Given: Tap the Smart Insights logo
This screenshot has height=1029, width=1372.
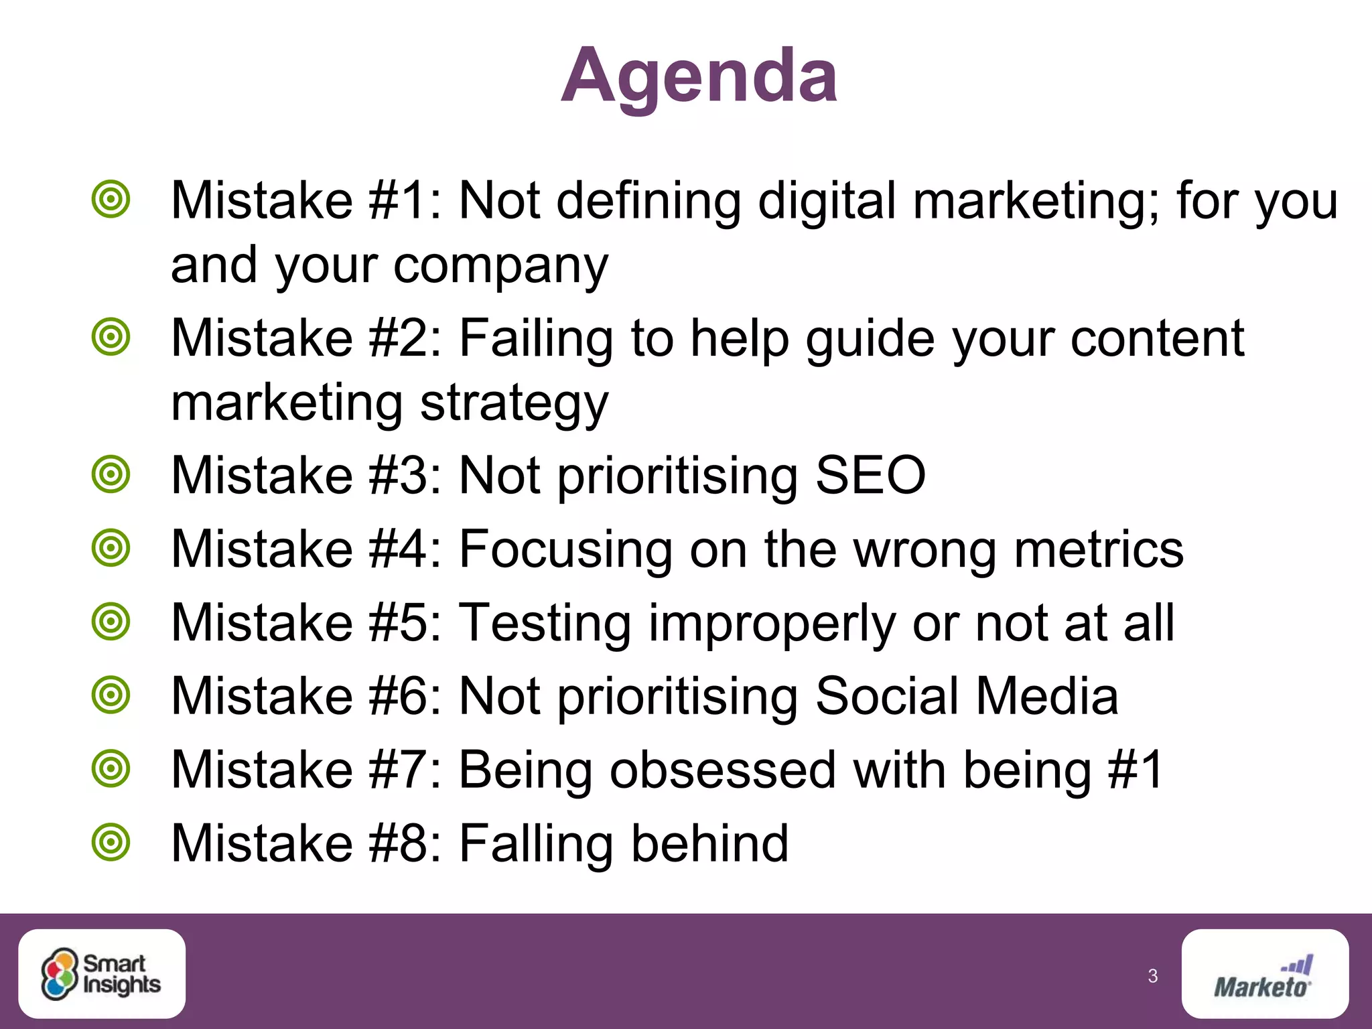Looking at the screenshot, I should pyautogui.click(x=102, y=973).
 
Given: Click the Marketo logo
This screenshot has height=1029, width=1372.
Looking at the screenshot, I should pyautogui.click(x=1264, y=975).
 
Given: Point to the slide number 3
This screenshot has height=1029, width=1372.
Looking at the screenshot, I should pyautogui.click(x=1152, y=976).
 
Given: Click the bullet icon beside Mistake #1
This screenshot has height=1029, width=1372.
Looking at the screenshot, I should pyautogui.click(x=111, y=200).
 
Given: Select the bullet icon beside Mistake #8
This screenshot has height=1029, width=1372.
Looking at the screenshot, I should pyautogui.click(x=111, y=842).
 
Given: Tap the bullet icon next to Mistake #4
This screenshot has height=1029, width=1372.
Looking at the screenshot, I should pyautogui.click(x=111, y=548).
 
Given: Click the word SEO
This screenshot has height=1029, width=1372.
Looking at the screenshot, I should pyautogui.click(x=870, y=475).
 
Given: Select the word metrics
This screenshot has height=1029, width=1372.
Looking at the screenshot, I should pyautogui.click(x=1099, y=549).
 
